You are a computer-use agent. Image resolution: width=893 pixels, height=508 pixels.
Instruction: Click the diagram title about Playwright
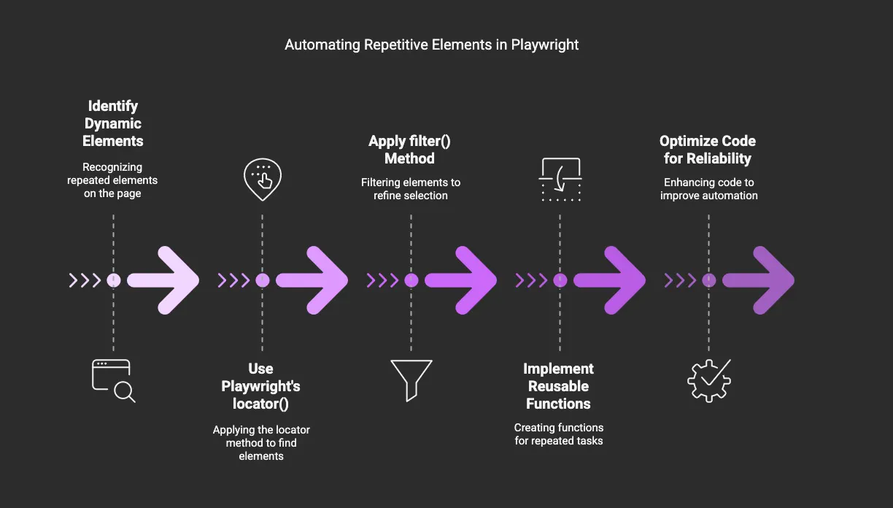coord(431,45)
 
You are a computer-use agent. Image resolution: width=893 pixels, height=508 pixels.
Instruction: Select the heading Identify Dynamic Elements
coord(113,123)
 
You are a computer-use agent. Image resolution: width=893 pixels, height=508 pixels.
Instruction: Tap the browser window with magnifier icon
coord(113,380)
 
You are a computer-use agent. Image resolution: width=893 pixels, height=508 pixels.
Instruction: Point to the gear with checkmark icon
coord(709,380)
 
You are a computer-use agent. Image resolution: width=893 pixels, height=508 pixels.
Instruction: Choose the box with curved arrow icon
coord(560,180)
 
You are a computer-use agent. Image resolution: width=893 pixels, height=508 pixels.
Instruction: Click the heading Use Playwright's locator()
coord(261,386)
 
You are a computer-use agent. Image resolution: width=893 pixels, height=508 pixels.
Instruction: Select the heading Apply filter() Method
coord(411,150)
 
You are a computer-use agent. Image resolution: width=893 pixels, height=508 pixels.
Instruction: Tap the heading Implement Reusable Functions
coord(559,386)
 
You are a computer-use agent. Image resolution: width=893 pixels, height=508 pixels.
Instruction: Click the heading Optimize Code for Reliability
coord(708,150)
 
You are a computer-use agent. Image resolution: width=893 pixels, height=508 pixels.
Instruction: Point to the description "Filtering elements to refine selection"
coord(411,188)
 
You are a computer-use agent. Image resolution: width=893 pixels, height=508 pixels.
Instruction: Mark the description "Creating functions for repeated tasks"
coord(559,434)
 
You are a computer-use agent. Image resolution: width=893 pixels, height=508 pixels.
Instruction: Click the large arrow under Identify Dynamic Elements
coord(164,280)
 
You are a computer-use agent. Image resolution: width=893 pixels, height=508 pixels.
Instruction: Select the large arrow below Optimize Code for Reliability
coord(759,280)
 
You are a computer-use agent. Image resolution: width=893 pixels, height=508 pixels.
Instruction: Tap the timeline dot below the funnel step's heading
coord(411,280)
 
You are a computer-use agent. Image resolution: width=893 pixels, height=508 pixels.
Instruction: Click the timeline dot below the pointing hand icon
coord(263,280)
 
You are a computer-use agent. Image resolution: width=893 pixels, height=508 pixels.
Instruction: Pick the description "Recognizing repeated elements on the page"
coord(112,180)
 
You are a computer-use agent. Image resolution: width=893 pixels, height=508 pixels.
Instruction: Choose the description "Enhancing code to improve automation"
coord(708,188)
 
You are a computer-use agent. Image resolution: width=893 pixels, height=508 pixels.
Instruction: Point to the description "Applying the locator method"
coord(261,442)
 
